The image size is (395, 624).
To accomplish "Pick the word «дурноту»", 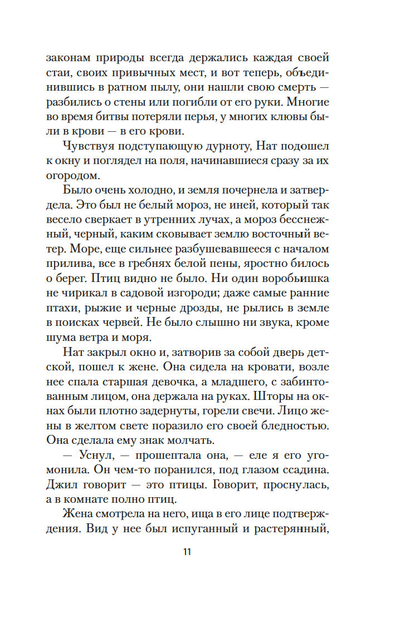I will tap(220, 147).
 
